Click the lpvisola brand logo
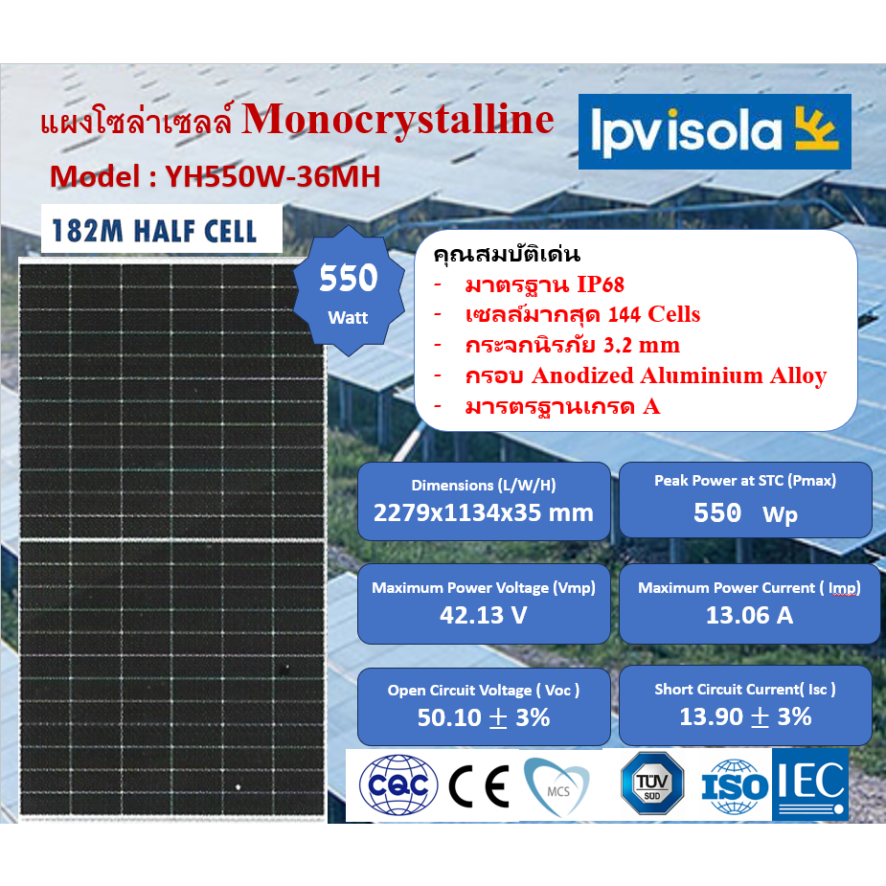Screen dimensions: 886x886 click(714, 132)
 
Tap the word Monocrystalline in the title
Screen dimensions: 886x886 click(398, 121)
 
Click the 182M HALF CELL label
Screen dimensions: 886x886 click(155, 230)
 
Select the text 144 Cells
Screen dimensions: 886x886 click(654, 314)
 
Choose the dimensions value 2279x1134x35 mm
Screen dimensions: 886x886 click(484, 512)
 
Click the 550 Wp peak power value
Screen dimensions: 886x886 click(745, 513)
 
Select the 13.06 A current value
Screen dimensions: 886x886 click(749, 615)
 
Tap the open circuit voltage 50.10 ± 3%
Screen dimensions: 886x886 click(484, 716)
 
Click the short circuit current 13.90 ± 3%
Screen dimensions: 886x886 click(745, 716)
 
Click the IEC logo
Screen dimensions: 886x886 click(810, 785)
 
